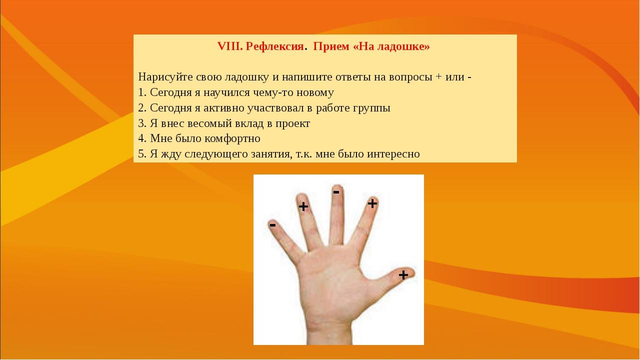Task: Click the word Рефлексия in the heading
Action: [x=274, y=46]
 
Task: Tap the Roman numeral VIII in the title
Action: [x=229, y=46]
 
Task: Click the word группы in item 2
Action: [x=371, y=108]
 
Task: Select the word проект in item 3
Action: [x=292, y=124]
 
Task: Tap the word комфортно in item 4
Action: [x=232, y=139]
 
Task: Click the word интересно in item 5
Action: [x=393, y=154]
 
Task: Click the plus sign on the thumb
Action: [x=403, y=275]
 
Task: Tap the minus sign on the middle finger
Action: [x=336, y=192]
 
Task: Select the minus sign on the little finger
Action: [x=273, y=225]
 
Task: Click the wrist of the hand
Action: [x=328, y=331]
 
